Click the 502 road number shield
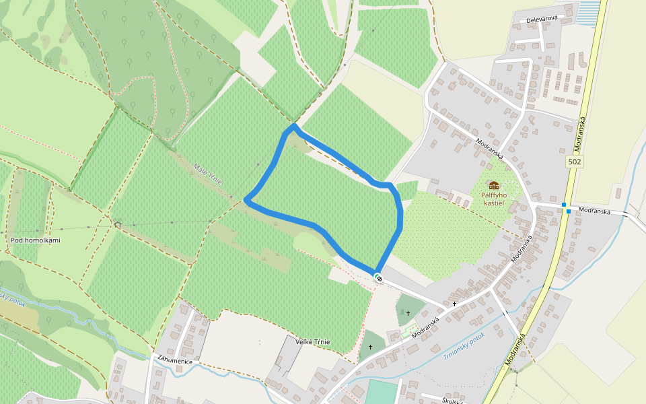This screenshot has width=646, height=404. tap(574, 162)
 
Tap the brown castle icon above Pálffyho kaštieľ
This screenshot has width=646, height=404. tap(494, 185)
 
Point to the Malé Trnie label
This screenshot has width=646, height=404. tap(207, 174)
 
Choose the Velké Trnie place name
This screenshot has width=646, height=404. tap(313, 342)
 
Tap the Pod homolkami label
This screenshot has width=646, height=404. tap(36, 240)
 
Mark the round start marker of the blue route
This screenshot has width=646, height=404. tap(379, 277)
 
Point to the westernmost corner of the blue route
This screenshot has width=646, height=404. tap(247, 199)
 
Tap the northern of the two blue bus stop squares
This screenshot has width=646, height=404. tap(564, 205)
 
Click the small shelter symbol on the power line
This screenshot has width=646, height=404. tap(118, 224)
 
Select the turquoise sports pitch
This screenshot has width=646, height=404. tap(382, 393)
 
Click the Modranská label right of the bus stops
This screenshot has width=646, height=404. tap(594, 211)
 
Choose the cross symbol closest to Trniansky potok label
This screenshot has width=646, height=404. tap(454, 304)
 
